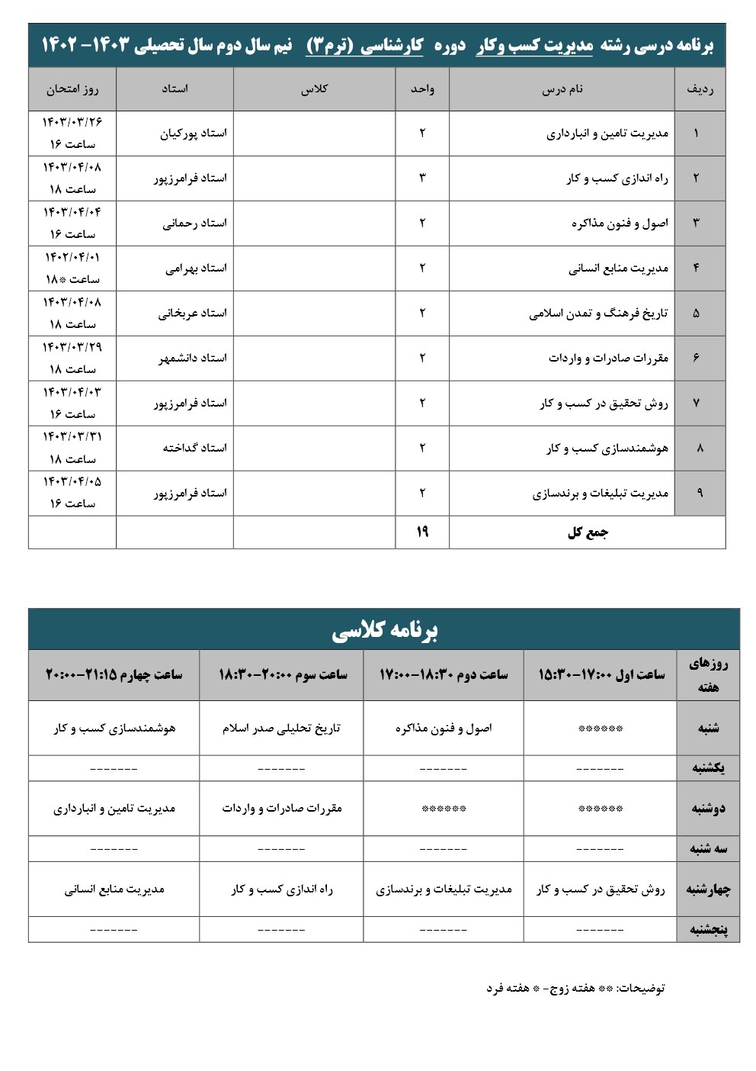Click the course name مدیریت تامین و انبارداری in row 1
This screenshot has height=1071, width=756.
607,133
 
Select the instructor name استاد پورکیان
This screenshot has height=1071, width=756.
193,133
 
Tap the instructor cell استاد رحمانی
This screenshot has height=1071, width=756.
194,224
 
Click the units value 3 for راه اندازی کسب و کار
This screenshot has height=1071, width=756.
422,178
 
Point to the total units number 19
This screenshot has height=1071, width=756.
422,532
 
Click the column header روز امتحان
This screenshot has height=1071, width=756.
72,89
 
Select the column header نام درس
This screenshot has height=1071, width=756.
562,89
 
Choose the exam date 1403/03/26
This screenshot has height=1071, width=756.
72,122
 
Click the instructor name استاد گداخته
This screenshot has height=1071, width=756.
194,448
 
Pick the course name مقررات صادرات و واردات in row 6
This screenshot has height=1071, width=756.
608,358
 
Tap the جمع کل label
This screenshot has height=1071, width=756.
588,532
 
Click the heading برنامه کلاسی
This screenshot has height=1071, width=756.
384,630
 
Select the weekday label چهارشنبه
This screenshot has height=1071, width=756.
708,889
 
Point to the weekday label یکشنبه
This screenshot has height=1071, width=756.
708,768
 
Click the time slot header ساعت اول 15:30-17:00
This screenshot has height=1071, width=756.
601,674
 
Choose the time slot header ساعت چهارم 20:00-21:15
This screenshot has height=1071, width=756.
114,674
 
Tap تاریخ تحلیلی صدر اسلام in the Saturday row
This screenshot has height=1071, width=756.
281,728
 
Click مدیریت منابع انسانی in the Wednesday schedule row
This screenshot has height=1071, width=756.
114,889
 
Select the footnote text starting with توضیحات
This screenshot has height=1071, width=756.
575,988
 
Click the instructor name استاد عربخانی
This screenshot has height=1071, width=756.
192,314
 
